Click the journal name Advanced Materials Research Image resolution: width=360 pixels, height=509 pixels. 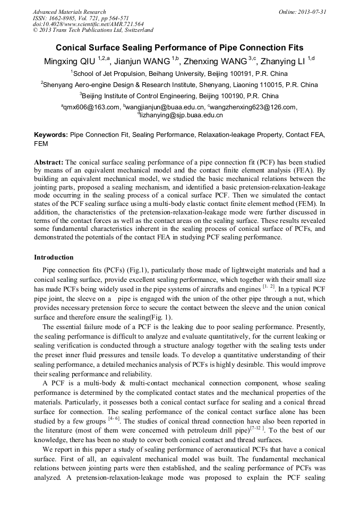70,12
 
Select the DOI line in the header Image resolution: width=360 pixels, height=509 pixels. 88,24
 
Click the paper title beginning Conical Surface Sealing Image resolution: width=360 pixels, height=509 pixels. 179,47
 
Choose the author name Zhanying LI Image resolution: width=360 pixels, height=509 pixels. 284,62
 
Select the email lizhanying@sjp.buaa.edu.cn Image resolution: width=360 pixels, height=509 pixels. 181,115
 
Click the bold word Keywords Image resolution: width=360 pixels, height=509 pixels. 50,135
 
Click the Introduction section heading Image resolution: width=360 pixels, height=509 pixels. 54,257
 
